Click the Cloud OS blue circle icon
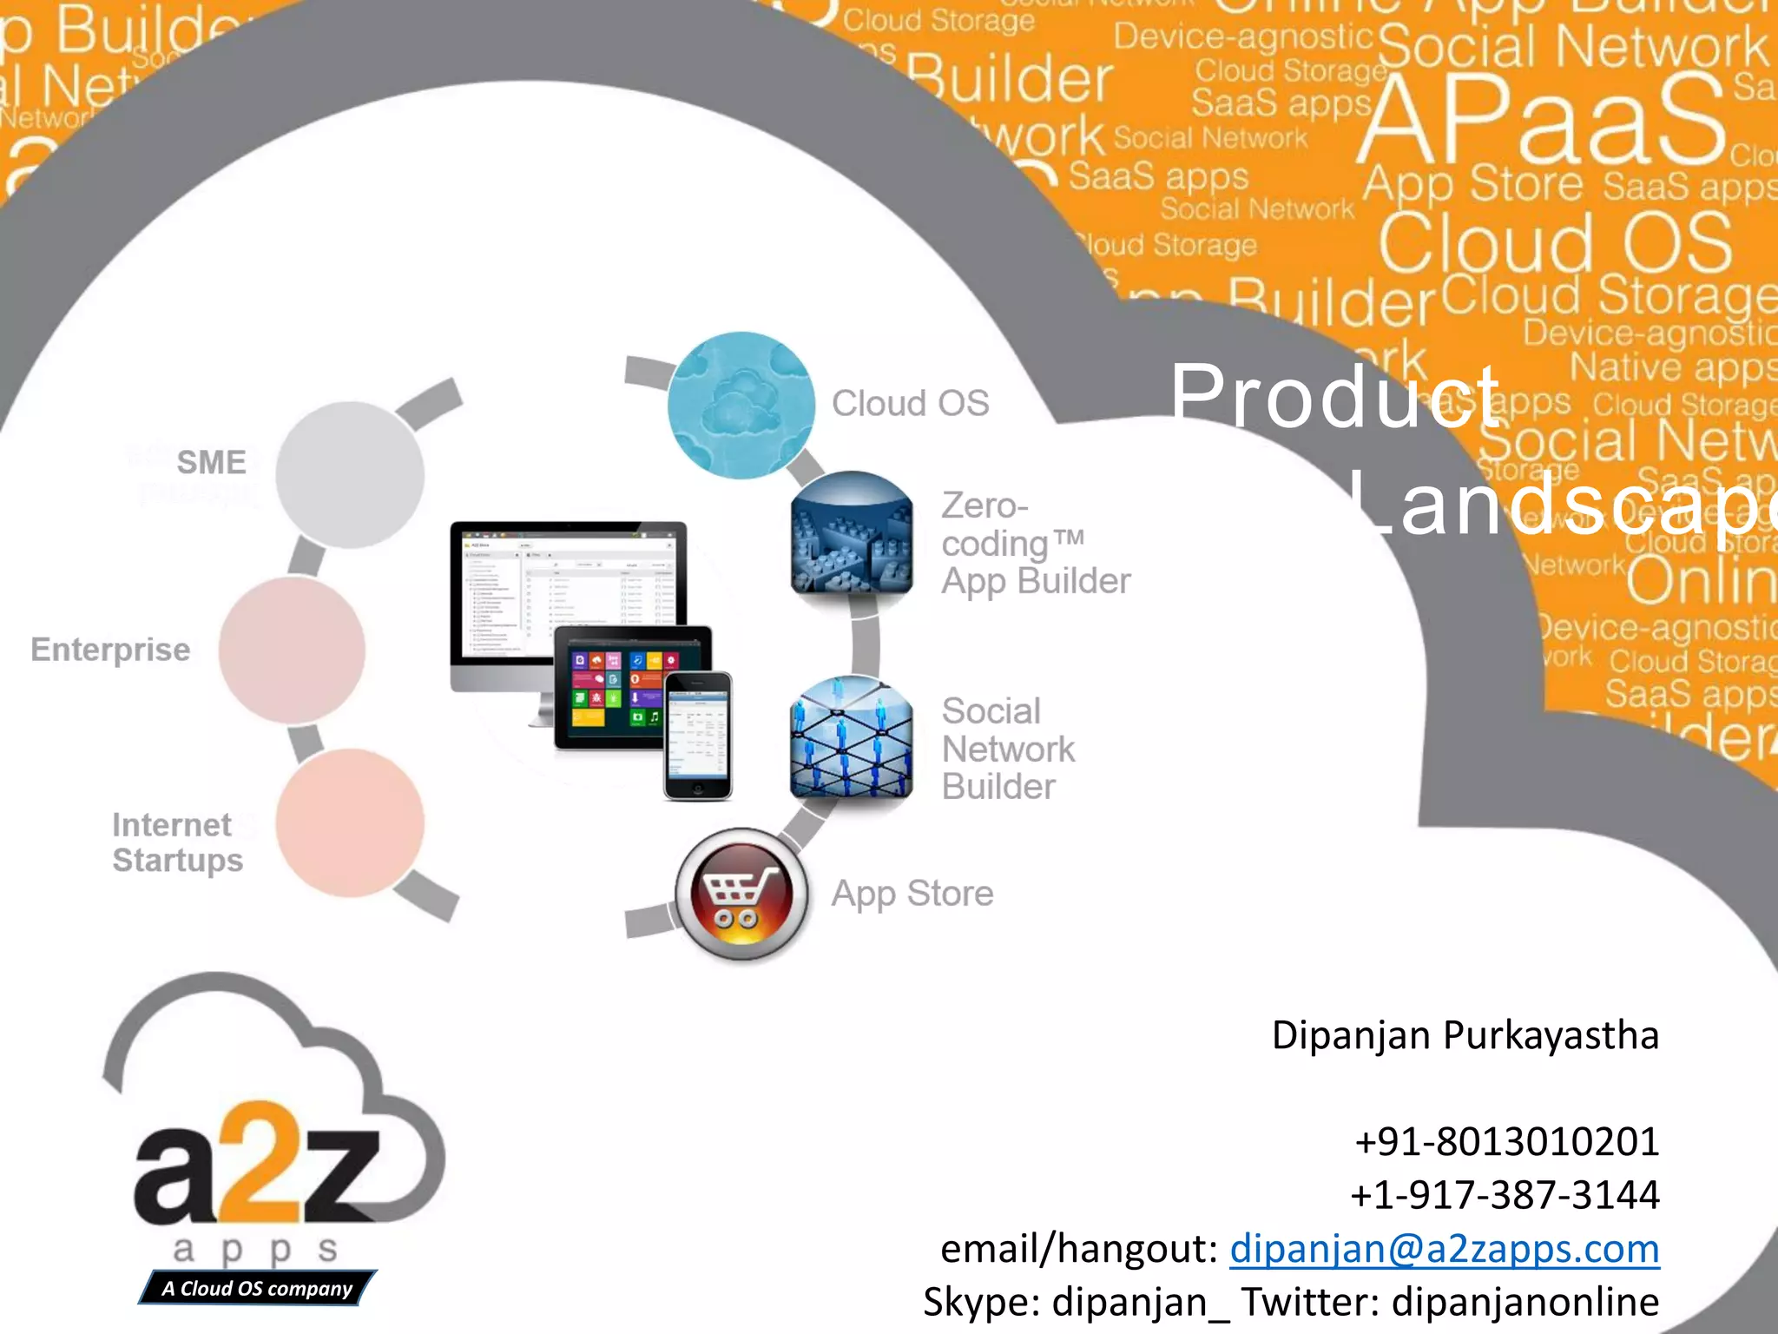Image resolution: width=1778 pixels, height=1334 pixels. coord(741,406)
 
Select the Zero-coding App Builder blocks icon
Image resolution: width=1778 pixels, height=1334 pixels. coord(852,532)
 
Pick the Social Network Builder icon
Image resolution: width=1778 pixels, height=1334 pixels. coord(852,737)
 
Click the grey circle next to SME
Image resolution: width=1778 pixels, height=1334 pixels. coord(350,474)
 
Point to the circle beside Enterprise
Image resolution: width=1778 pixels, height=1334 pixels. coord(292,650)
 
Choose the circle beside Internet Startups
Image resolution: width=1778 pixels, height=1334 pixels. coord(350,822)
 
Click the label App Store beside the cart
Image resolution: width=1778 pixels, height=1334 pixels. coord(912,894)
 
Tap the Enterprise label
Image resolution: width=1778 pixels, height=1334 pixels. coord(110,650)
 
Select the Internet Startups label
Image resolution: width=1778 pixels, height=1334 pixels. coord(177,842)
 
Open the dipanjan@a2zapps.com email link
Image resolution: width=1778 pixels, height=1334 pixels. coord(1444,1249)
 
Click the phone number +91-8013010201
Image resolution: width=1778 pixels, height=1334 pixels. coord(1506,1141)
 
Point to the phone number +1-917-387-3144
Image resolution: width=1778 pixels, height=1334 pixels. coord(1505,1194)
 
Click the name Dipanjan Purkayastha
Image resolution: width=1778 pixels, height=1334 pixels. coord(1465,1035)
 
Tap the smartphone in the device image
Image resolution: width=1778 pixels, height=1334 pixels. coord(697,735)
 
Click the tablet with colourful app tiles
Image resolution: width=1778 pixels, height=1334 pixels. coord(612,686)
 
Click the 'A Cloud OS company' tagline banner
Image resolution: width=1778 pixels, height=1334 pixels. coord(257,1288)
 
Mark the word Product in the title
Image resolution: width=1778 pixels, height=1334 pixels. coord(1333,395)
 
